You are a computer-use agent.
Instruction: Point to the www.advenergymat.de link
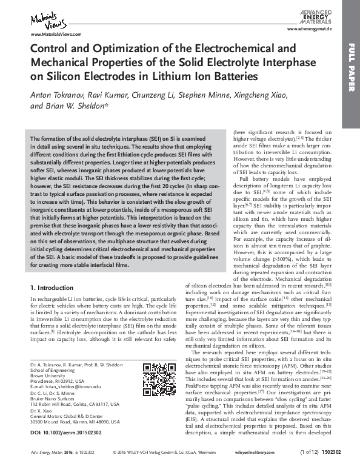[x=311, y=29]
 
